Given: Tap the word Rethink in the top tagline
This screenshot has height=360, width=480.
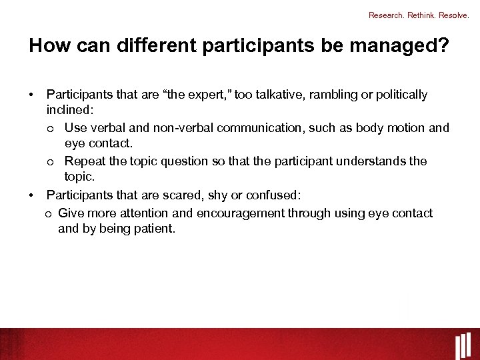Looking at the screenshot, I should tap(421, 15).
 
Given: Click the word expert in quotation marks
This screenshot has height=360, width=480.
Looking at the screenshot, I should tap(212, 95).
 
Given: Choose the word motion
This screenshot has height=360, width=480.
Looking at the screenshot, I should tap(405, 127).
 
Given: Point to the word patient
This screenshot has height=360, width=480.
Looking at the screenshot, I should tap(153, 229).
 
